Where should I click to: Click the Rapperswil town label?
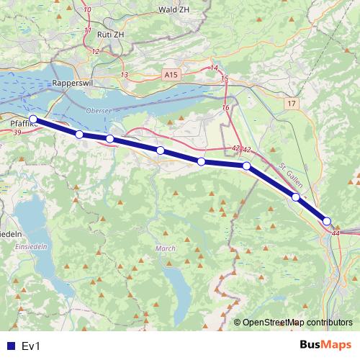(x=71, y=84)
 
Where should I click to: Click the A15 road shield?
(x=171, y=74)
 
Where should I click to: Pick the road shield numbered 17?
(x=290, y=104)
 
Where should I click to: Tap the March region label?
(x=165, y=248)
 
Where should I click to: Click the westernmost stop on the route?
(x=32, y=120)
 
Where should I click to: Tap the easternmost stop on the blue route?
(x=327, y=221)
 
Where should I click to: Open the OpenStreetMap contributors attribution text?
(x=297, y=322)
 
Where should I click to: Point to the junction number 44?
(x=336, y=233)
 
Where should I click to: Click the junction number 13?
(x=125, y=75)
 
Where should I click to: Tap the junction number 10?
(x=87, y=10)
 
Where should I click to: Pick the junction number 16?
(x=225, y=107)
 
